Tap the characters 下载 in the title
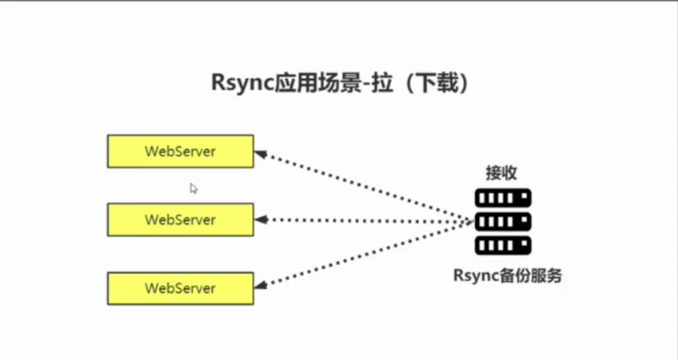432,83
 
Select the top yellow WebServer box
180,151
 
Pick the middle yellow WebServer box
180,219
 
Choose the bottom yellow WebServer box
180,288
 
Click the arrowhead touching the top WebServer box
260,153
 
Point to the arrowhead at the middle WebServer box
260,220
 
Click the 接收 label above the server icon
501,173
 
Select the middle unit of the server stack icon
503,222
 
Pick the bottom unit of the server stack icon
503,246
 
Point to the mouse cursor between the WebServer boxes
193,187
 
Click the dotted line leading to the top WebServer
362,185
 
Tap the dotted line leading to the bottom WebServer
362,253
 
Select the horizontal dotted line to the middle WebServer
362,220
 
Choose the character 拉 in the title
381,83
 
